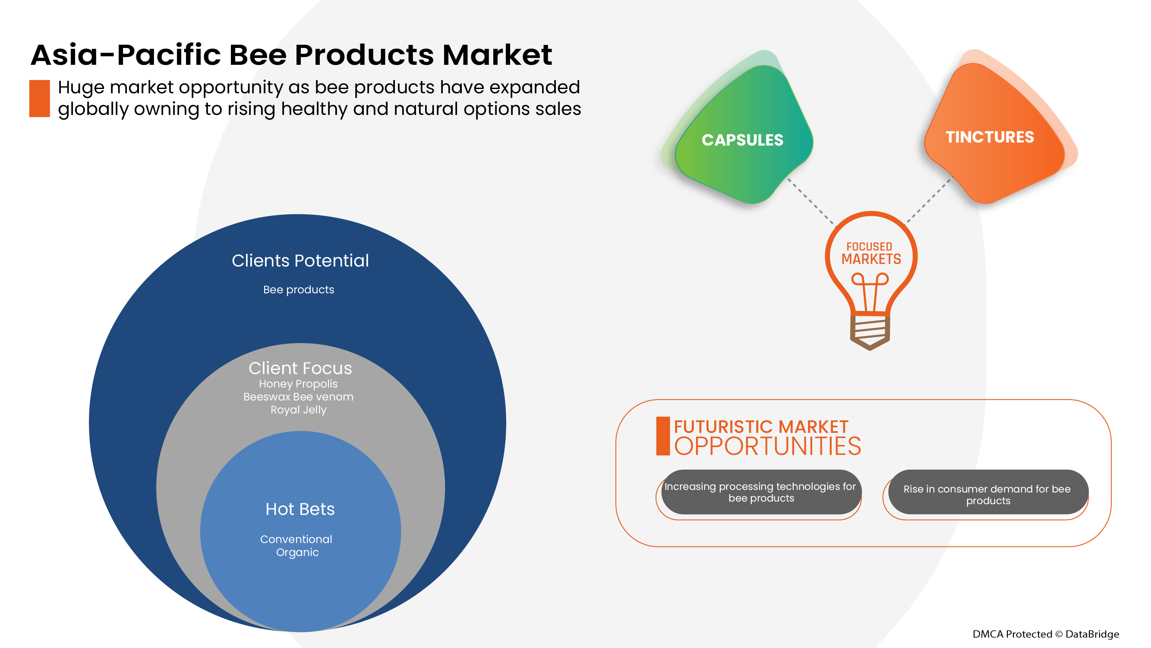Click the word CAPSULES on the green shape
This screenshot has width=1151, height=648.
pos(742,140)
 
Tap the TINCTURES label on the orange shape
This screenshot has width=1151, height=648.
pos(989,137)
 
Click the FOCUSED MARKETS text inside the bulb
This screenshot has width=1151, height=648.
pos(870,254)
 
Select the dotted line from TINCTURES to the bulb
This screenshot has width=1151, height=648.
pos(929,200)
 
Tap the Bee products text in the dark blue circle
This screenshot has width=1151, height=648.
pos(299,290)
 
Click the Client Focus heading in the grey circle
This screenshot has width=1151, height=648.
pos(300,368)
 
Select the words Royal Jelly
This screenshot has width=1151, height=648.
pos(299,410)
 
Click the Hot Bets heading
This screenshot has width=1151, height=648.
pos(300,509)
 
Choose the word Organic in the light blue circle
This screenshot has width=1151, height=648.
pos(297,552)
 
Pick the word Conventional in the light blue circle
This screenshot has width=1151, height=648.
pos(296,539)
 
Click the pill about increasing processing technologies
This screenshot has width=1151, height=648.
pos(760,492)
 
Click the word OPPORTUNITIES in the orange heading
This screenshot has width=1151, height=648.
pos(767,446)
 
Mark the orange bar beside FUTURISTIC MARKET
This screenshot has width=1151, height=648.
pos(662,436)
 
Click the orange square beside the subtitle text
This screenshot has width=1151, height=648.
pos(39,98)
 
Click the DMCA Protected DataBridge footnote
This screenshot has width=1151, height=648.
pos(1046,634)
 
